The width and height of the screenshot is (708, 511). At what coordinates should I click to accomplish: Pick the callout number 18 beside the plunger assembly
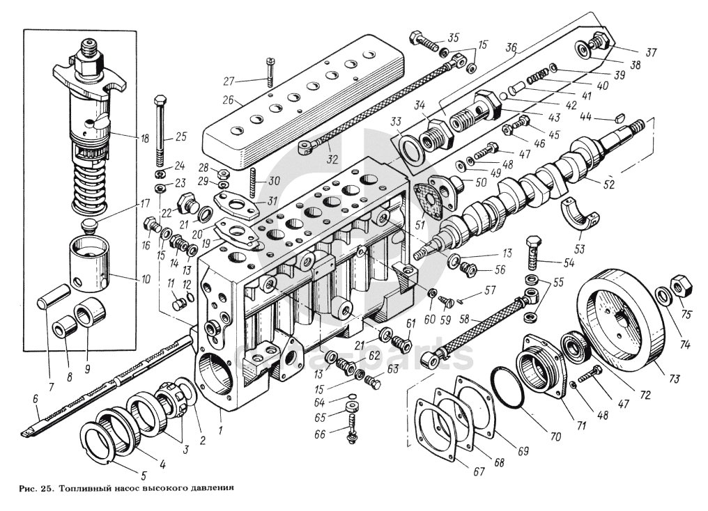(x=146, y=139)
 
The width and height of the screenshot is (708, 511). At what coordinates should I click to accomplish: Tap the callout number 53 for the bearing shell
(x=580, y=249)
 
